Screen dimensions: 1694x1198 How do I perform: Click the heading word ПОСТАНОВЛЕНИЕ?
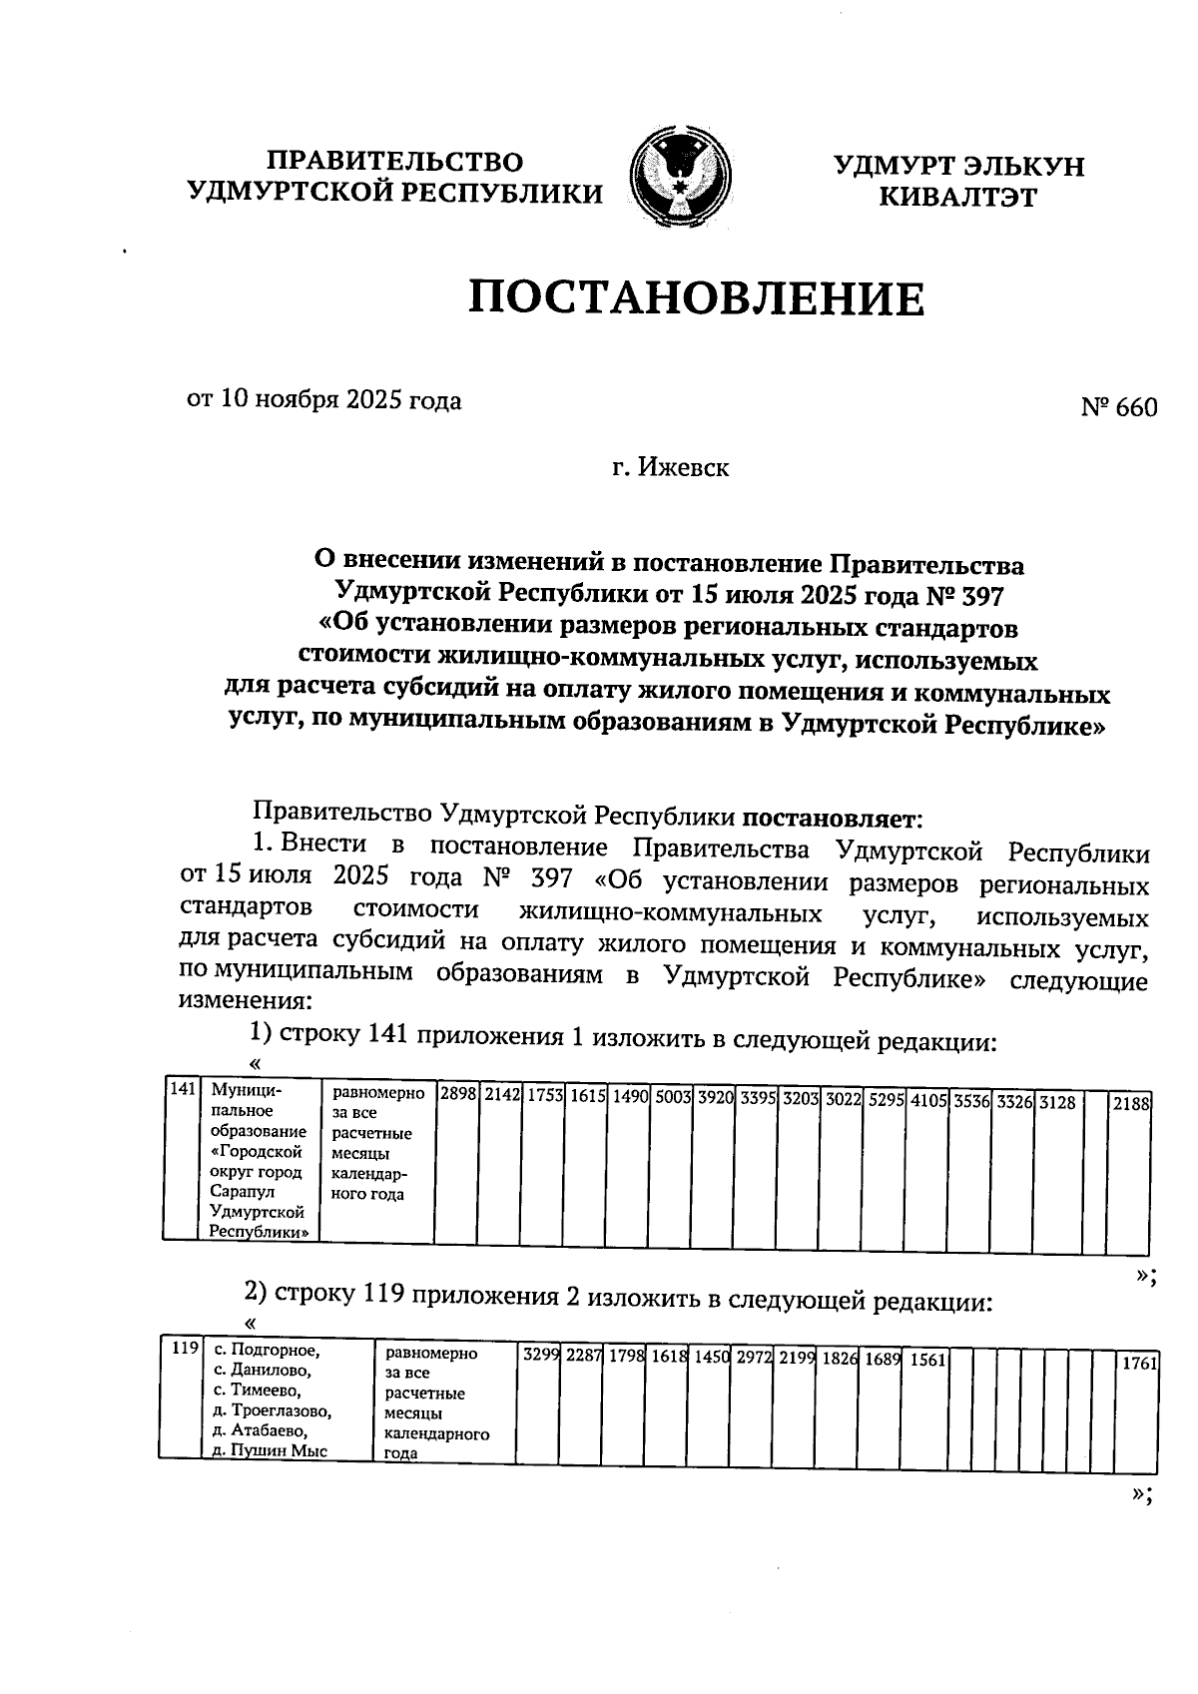click(697, 298)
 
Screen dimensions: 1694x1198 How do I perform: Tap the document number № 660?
click(1118, 407)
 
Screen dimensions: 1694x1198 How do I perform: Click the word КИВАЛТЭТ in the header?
click(957, 197)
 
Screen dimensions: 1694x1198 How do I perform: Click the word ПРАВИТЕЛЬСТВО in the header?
click(395, 162)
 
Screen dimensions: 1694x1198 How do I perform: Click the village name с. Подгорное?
click(267, 1352)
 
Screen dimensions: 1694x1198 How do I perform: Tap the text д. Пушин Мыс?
click(271, 1452)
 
